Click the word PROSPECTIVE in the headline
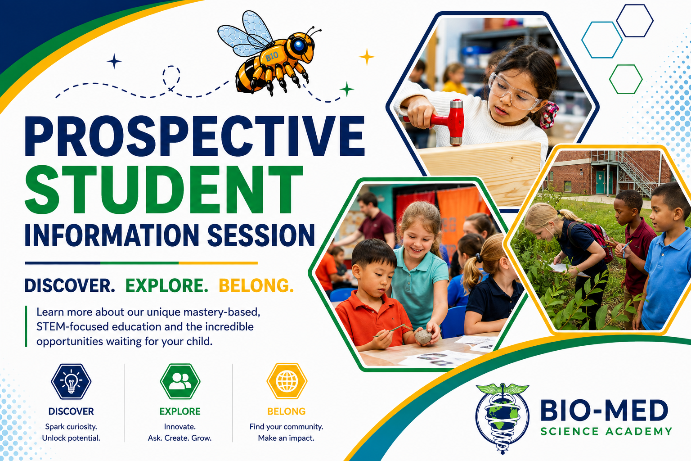click(x=195, y=136)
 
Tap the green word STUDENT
click(x=164, y=189)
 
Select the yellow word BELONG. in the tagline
click(x=256, y=285)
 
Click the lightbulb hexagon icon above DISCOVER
click(x=71, y=382)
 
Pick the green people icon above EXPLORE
click(x=180, y=382)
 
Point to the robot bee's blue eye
click(x=299, y=45)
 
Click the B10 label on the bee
click(x=272, y=57)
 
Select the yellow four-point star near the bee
click(x=367, y=57)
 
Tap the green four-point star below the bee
click(x=347, y=89)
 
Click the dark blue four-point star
click(x=114, y=61)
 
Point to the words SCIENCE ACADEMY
click(x=606, y=431)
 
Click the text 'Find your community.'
click(x=286, y=427)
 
